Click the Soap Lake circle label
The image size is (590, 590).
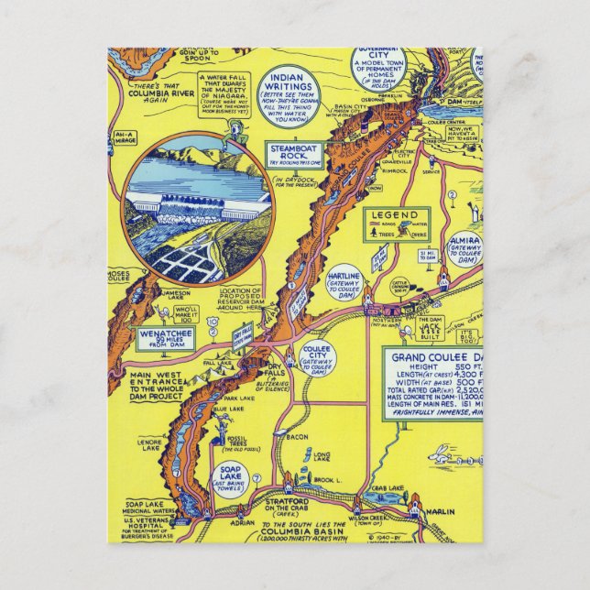pos(228,480)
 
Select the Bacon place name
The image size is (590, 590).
pos(296,438)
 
